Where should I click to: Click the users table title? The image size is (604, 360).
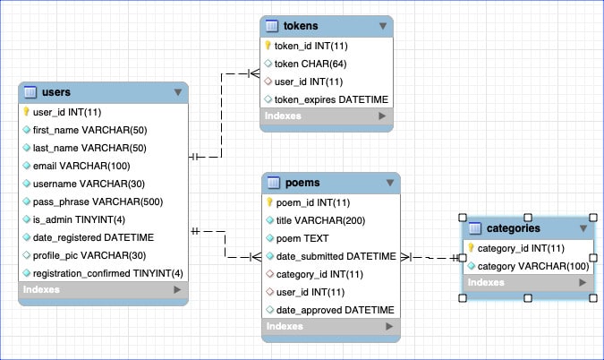(55, 91)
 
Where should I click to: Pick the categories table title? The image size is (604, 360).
(513, 228)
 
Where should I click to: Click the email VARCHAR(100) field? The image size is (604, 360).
(81, 166)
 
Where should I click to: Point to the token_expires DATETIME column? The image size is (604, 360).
(331, 99)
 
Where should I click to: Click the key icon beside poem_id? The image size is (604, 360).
(268, 202)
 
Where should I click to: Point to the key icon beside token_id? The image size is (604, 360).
(268, 45)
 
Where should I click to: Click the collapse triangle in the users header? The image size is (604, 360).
(177, 92)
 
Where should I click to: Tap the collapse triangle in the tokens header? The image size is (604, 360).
(383, 27)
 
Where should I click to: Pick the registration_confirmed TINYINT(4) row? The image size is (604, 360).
(107, 272)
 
